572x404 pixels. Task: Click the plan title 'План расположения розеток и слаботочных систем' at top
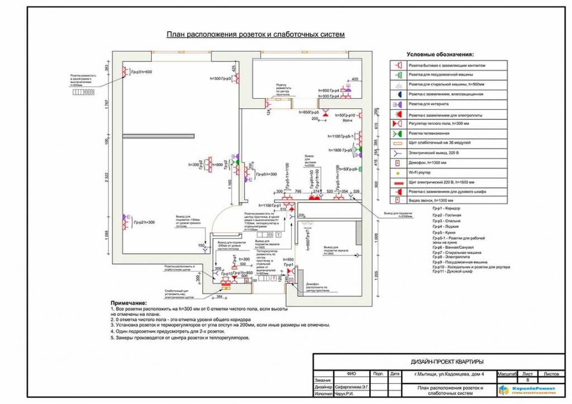tap(255, 35)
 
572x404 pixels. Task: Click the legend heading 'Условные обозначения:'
tap(440, 55)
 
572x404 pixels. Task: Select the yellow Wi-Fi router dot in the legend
tap(398, 174)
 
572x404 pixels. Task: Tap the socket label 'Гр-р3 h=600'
tap(143, 72)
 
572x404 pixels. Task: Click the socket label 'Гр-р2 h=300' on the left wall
tap(144, 222)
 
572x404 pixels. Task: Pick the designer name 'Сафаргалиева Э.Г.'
tap(353, 386)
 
